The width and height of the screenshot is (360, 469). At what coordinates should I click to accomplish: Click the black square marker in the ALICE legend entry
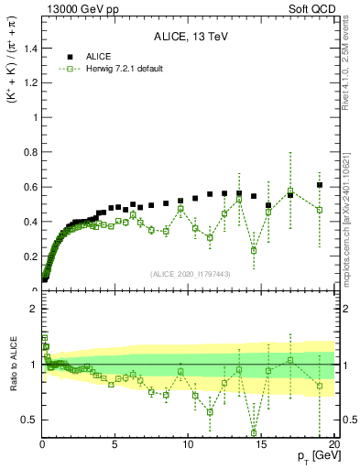[70, 56]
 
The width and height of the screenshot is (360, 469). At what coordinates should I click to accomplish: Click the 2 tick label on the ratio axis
[33, 309]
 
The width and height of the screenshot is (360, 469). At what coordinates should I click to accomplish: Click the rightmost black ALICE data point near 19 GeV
[320, 185]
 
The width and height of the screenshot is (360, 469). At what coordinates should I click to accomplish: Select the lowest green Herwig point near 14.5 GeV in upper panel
[254, 250]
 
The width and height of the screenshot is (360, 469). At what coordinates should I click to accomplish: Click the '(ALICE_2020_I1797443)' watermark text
[191, 274]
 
